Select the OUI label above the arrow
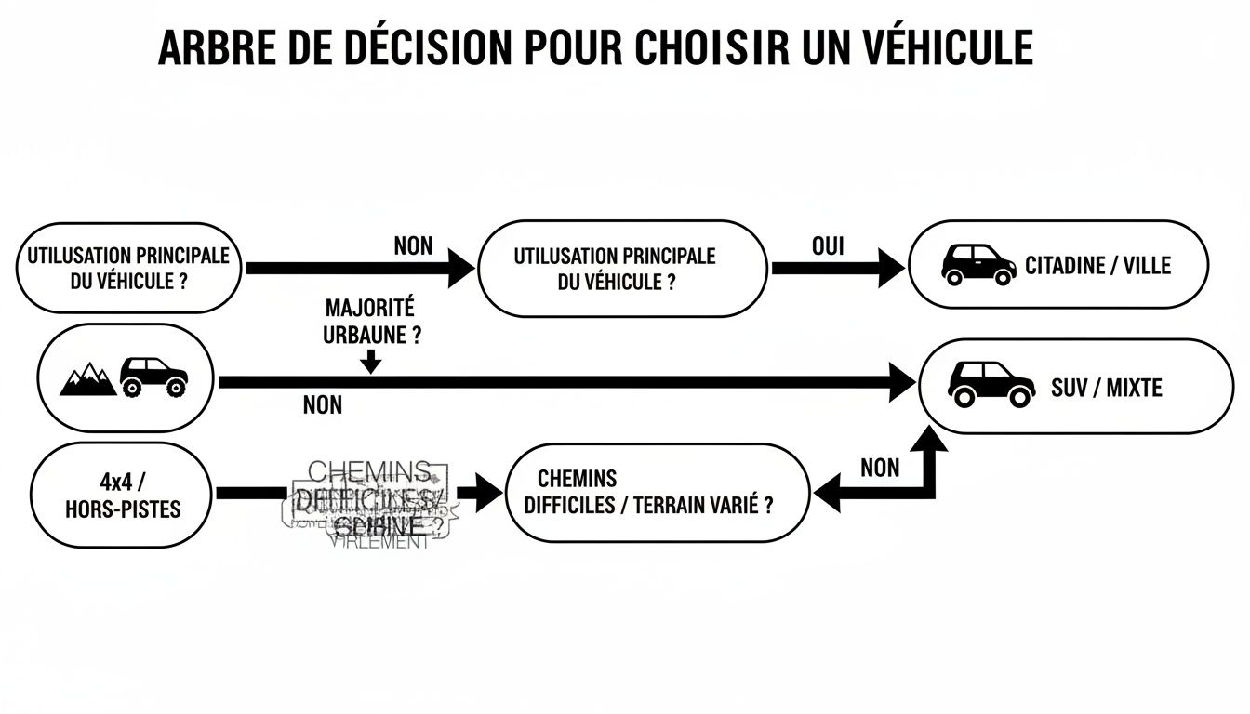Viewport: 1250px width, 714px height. pos(827,246)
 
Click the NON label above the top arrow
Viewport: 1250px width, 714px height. pos(413,246)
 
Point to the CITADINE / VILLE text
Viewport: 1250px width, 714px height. pos(1097,266)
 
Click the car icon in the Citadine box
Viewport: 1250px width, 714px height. pos(977,265)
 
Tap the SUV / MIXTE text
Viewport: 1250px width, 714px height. pos(1106,387)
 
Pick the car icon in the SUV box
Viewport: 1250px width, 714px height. pos(991,383)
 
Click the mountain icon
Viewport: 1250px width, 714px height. pos(87,379)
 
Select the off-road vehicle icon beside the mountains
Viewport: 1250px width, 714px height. pos(153,376)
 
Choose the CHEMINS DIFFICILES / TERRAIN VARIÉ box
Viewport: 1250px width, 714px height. pos(657,493)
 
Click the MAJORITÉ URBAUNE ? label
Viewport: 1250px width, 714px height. pos(370,322)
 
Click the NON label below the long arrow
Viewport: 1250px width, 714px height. pos(322,405)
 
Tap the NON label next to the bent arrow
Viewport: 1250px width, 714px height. pos(879,467)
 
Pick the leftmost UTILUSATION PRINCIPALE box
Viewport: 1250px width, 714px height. pos(127,268)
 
